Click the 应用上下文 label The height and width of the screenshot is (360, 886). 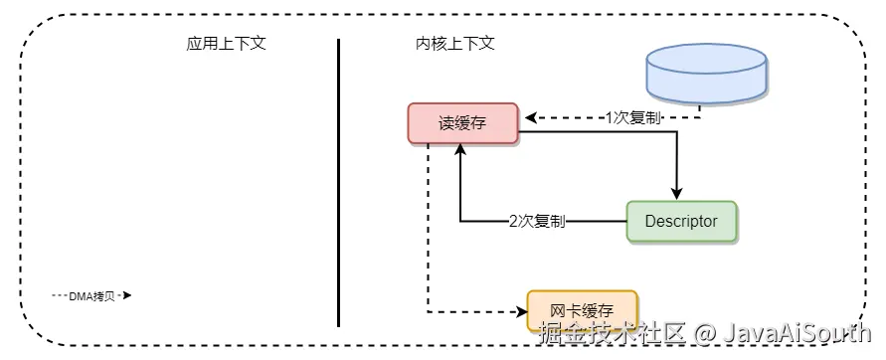pyautogui.click(x=226, y=45)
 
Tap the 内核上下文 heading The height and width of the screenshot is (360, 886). pyautogui.click(x=454, y=45)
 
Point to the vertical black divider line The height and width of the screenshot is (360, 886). pyautogui.click(x=338, y=179)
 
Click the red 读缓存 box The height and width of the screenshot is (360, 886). pyautogui.click(x=462, y=123)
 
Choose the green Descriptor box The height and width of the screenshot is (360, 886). pyautogui.click(x=681, y=221)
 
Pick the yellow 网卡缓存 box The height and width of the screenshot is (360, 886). pyautogui.click(x=581, y=311)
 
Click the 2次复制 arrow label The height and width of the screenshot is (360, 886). pyautogui.click(x=538, y=221)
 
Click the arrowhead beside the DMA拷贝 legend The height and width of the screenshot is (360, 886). pyautogui.click(x=127, y=295)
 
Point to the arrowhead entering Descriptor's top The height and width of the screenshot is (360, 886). pyautogui.click(x=677, y=194)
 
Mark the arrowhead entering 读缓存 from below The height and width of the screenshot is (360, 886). pyautogui.click(x=460, y=149)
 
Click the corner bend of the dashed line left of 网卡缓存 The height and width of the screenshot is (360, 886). pyautogui.click(x=429, y=311)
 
